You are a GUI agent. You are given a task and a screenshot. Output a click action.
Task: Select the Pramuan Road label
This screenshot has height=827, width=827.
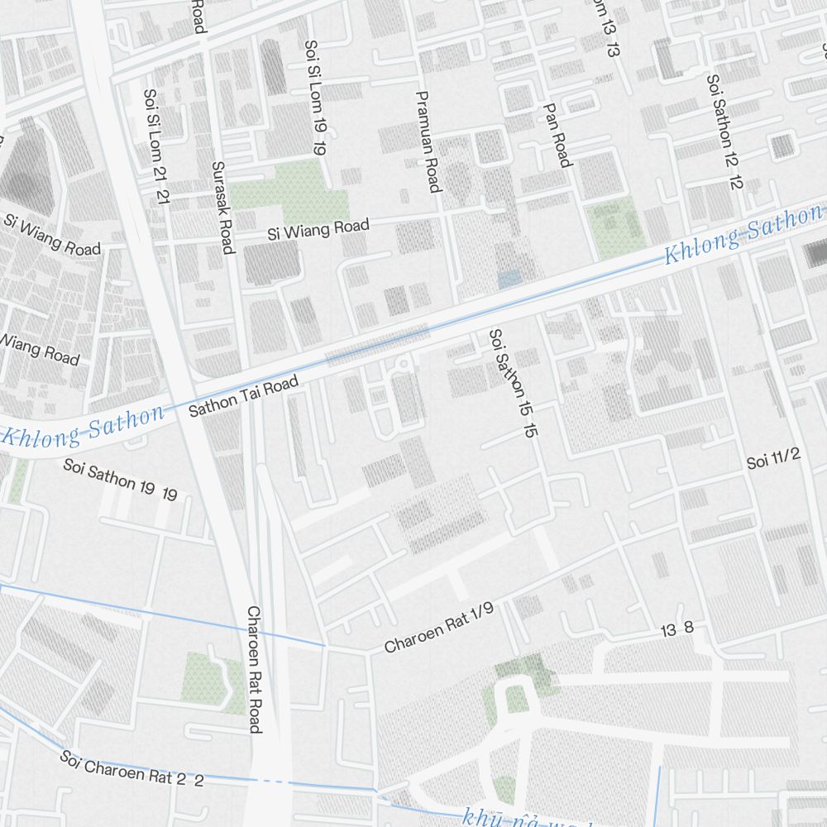[428, 141]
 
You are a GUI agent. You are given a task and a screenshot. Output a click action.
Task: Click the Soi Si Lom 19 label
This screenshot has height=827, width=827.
[315, 98]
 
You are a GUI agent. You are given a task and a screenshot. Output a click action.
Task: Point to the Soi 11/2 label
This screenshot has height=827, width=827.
[772, 460]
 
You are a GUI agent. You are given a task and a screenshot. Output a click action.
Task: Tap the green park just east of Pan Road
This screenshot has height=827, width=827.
[616, 227]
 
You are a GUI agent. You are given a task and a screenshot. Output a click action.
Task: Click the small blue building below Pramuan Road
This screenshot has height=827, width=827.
[509, 279]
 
